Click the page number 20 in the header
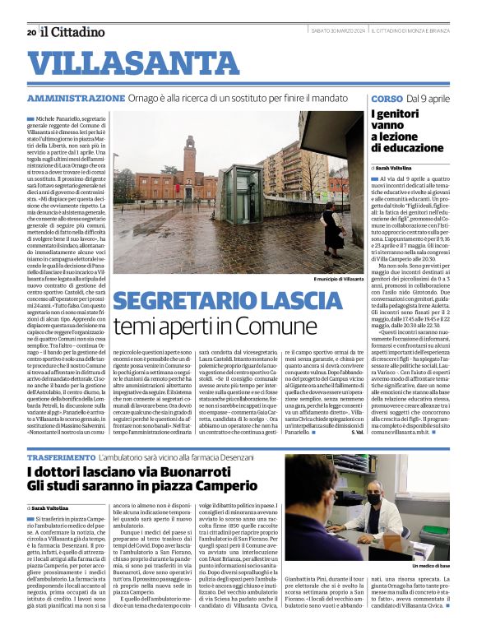[31, 32]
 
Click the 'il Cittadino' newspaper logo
[73, 32]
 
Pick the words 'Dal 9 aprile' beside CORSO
[428, 98]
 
